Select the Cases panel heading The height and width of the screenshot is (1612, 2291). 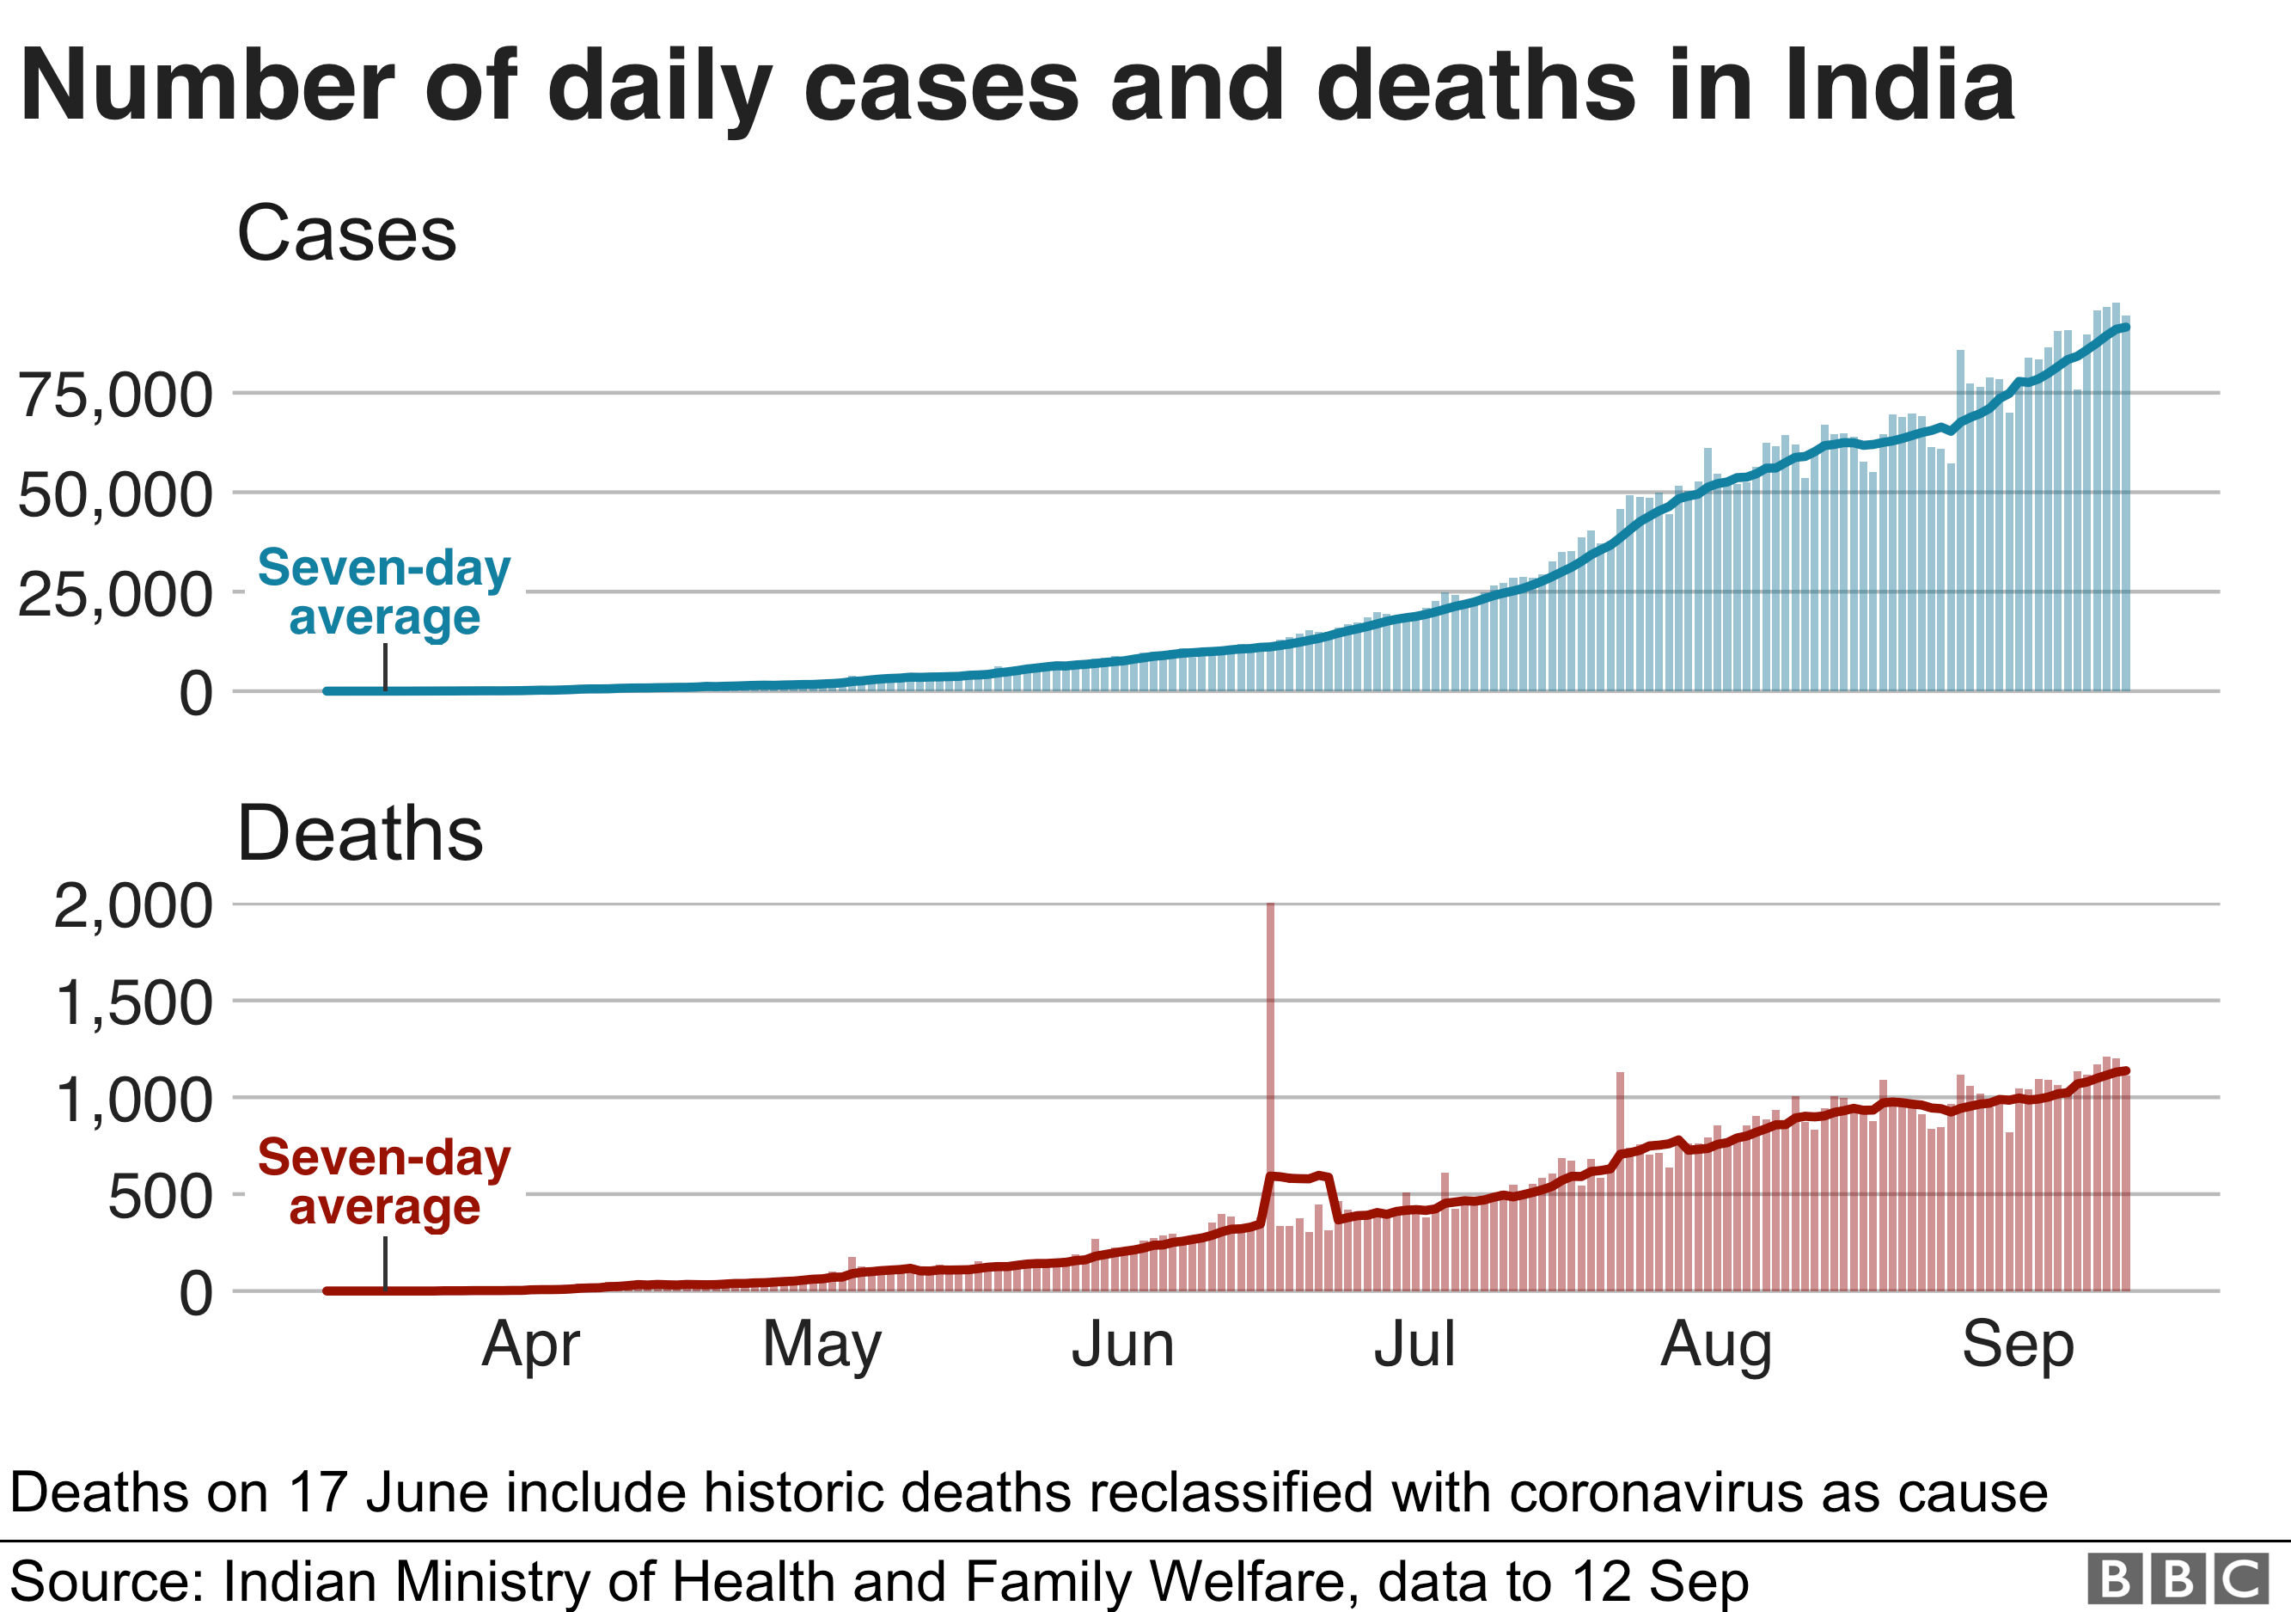[346, 234]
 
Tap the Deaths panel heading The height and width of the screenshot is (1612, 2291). [360, 832]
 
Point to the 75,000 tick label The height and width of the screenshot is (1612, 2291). [116, 395]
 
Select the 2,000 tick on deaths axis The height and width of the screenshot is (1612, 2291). [132, 905]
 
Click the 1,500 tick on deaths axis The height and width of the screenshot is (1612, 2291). [132, 1002]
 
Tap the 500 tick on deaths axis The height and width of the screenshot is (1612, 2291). [160, 1196]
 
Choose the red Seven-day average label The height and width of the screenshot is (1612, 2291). [384, 1182]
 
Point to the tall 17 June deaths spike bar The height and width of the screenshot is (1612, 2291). [1270, 1048]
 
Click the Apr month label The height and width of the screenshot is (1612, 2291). [530, 1345]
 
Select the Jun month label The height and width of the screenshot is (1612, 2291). [1122, 1345]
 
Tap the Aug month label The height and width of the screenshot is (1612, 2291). [1716, 1345]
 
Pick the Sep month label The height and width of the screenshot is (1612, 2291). [2018, 1345]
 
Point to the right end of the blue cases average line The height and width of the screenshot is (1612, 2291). [2126, 328]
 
